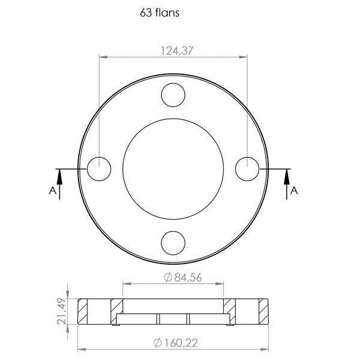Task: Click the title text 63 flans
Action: tap(160, 13)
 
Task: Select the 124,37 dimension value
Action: tap(177, 51)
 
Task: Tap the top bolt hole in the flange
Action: tap(173, 95)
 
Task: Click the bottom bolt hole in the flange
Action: tap(173, 243)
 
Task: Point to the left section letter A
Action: tap(53, 190)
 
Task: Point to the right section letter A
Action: tap(294, 190)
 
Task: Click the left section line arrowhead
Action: tap(59, 177)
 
